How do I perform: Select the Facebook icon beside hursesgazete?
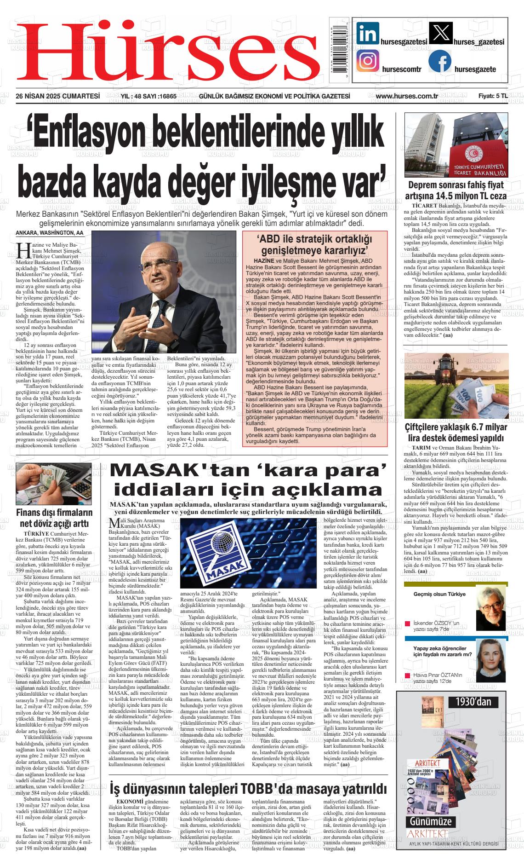pyautogui.click(x=439, y=61)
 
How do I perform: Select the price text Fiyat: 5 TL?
pyautogui.click(x=493, y=96)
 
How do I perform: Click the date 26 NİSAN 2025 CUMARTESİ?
pyautogui.click(x=58, y=96)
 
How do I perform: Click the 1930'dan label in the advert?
pyautogui.click(x=473, y=701)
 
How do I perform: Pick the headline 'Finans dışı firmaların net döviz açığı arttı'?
pyautogui.click(x=54, y=518)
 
